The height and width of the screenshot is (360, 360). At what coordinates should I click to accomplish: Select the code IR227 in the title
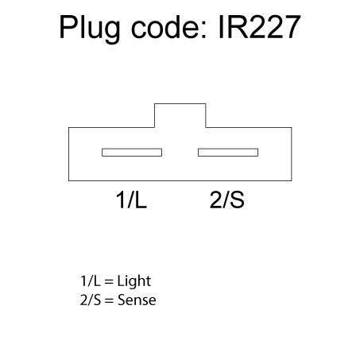[x=259, y=27]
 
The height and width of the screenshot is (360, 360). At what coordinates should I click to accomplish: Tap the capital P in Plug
[x=69, y=27]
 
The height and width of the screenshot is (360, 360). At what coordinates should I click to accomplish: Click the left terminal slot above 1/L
[x=132, y=153]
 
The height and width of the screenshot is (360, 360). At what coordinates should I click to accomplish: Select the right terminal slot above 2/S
[x=228, y=153]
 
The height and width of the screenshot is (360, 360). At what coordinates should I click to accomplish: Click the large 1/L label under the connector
[x=131, y=199]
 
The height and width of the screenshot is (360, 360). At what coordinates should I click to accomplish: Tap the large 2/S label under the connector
[x=227, y=199]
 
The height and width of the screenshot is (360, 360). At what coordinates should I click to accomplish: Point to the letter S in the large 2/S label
[x=237, y=199]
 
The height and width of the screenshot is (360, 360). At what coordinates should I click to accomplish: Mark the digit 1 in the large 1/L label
[x=121, y=199]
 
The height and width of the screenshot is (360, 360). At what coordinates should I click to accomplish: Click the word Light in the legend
[x=134, y=281]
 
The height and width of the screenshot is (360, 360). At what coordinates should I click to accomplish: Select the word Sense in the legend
[x=137, y=300]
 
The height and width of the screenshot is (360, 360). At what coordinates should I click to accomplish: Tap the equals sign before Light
[x=109, y=282]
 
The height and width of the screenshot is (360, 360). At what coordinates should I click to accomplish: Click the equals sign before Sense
[x=109, y=300]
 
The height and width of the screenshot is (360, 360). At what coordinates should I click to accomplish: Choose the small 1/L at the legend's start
[x=91, y=281]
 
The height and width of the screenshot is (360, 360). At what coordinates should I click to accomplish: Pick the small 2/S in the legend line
[x=91, y=300]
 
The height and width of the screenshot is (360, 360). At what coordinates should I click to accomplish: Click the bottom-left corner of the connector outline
[x=69, y=181]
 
